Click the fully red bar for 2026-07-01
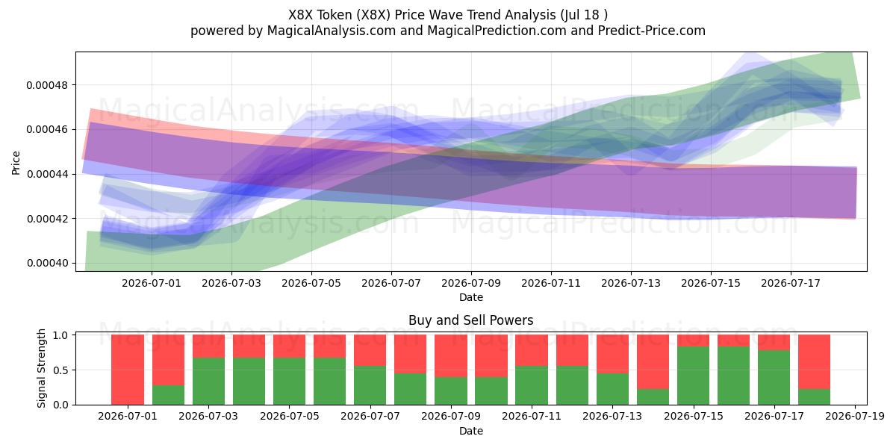coord(128,370)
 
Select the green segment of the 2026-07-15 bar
coord(693,376)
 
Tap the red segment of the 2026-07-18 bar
coord(815,362)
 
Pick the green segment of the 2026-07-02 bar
coord(169,395)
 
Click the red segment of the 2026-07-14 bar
coord(653,362)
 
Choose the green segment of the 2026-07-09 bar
coord(451,391)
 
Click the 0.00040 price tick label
coord(47,263)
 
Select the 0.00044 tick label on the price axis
coord(47,175)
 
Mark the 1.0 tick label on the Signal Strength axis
coord(60,335)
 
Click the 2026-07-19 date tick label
coord(855,417)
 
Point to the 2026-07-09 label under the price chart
coord(471,283)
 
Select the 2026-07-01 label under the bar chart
coord(128,417)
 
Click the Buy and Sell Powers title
coord(471,320)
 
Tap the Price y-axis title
coord(16,163)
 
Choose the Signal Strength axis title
coord(41,368)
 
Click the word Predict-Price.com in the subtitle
coord(652,31)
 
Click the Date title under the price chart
coord(471,298)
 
